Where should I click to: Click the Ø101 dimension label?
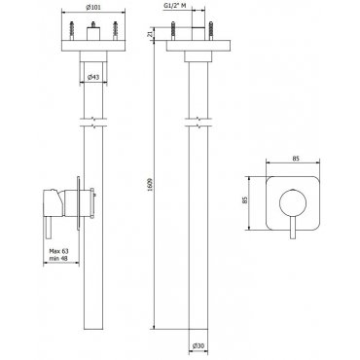pos(92,9)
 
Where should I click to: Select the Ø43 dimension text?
pos(93,77)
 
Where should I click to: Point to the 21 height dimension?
pos(150,34)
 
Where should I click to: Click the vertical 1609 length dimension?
pos(150,184)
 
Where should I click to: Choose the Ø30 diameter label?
pos(198,346)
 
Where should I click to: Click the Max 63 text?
pos(58,251)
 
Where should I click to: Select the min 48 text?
pos(58,258)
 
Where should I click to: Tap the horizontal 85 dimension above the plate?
pos(295,159)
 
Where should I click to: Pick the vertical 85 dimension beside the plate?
pos(245,200)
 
